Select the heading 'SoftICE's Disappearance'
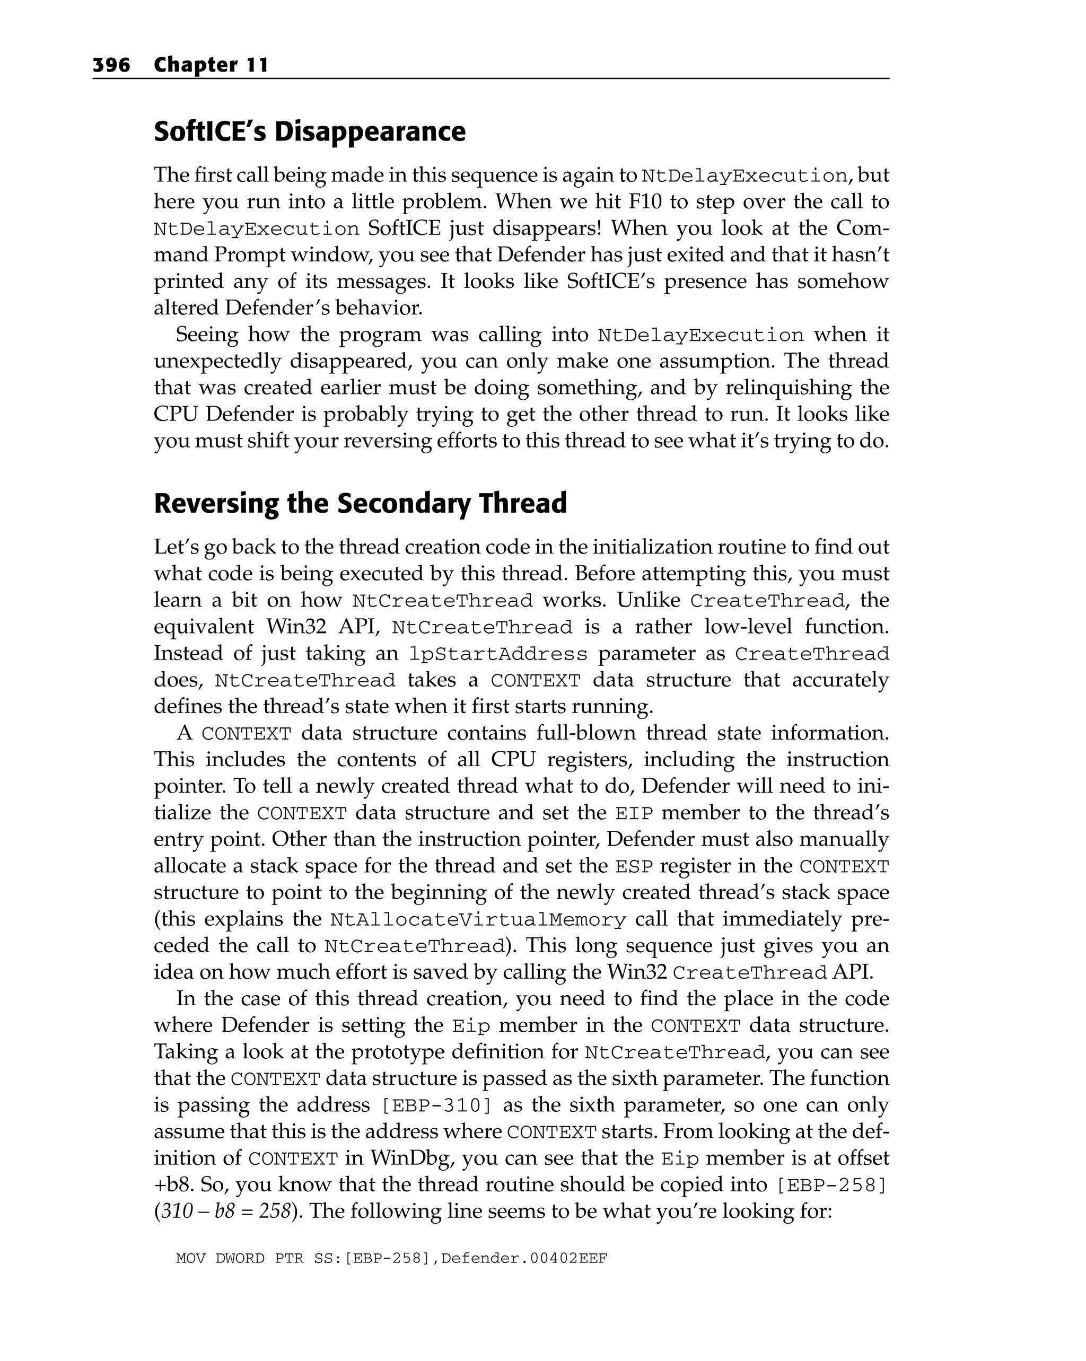(x=309, y=131)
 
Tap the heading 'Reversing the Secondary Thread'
(x=360, y=503)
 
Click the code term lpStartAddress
(x=498, y=654)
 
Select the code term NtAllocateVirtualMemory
(x=478, y=919)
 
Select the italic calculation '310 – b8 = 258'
(x=225, y=1211)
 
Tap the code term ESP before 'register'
(x=633, y=866)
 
